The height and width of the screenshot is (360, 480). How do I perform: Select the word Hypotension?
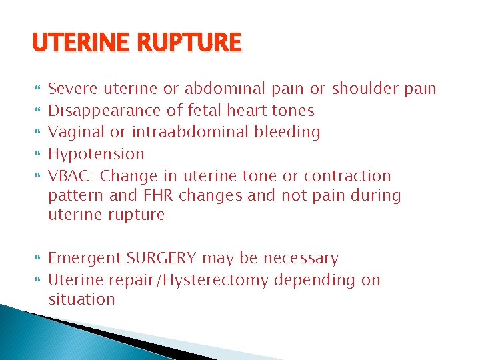(97, 154)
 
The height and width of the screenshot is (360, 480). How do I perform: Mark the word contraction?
(347, 176)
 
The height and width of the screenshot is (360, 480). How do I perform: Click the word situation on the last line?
(81, 299)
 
